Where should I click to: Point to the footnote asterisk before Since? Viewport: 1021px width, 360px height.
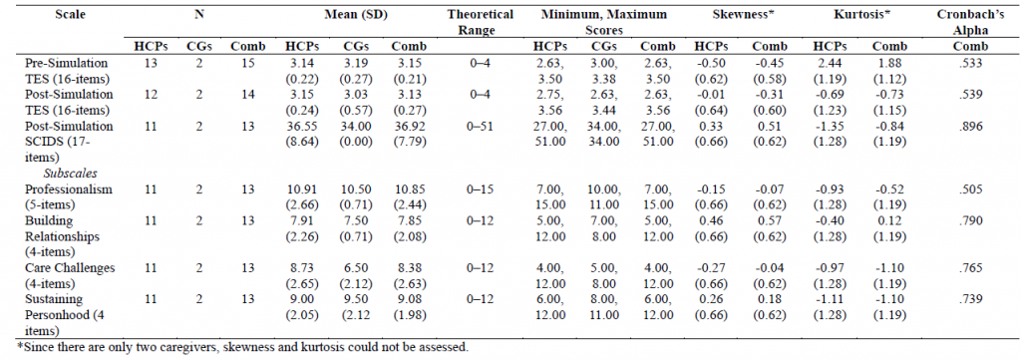tap(5, 348)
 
